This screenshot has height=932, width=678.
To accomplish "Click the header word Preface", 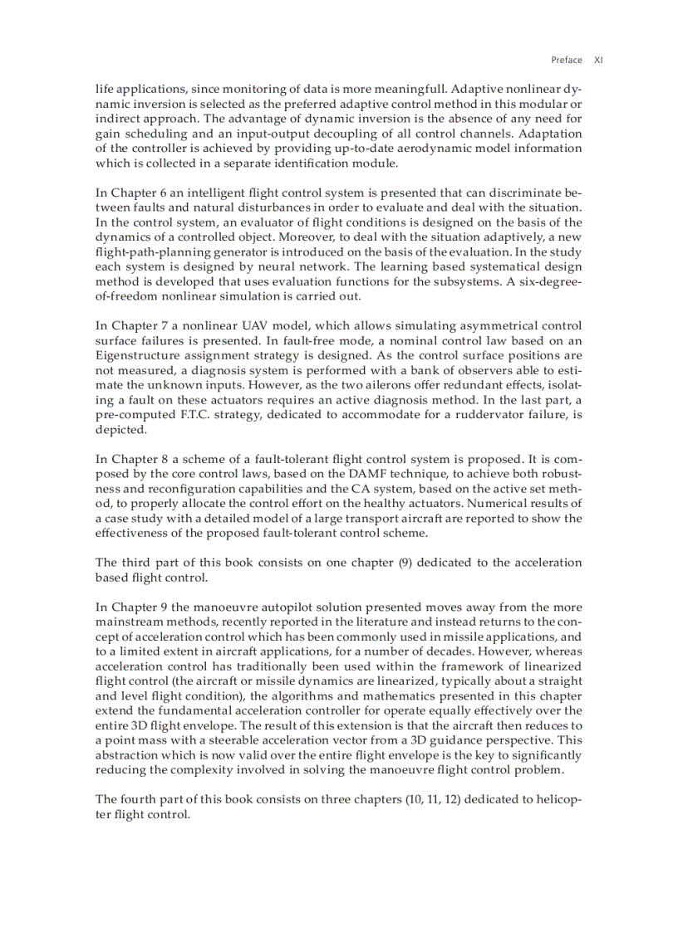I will click(x=567, y=60).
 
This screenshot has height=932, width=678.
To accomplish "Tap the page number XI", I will click(x=598, y=60).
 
